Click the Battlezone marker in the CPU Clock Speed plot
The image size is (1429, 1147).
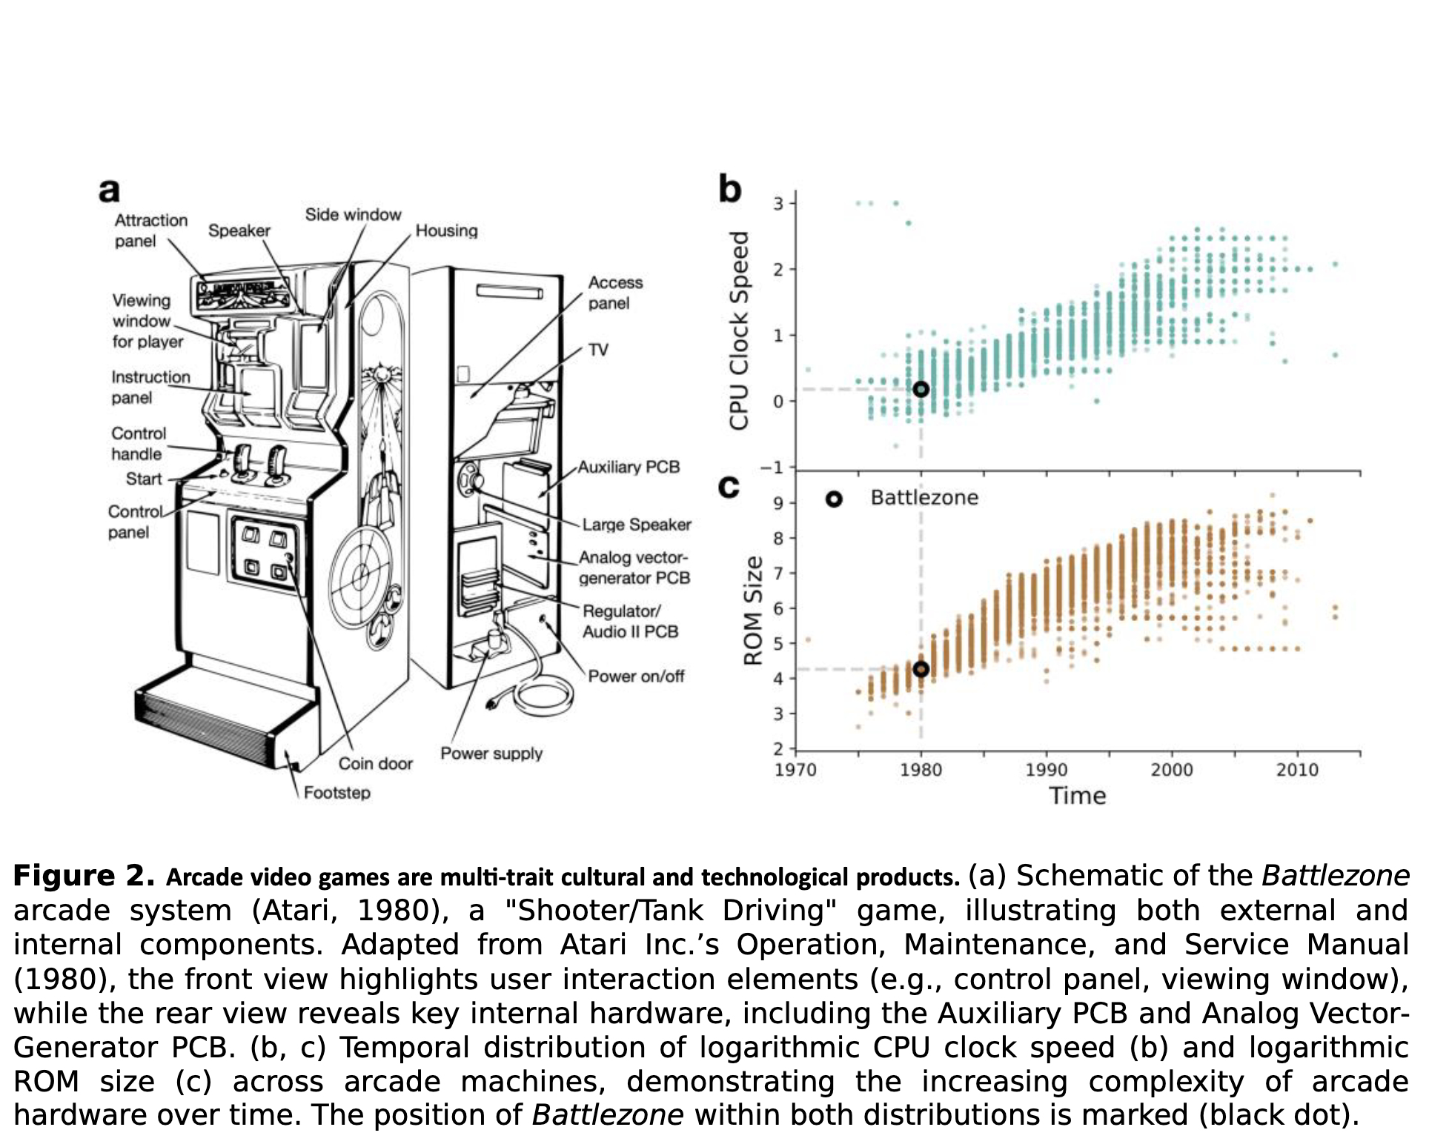point(921,389)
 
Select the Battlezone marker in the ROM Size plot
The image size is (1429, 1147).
point(921,669)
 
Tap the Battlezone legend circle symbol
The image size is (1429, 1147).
point(834,499)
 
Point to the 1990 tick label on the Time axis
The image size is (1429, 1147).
point(1046,770)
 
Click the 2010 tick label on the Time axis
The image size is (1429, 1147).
point(1297,770)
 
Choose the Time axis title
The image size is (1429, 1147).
point(1077,796)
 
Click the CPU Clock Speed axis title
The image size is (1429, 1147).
point(739,330)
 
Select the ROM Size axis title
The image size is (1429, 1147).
point(753,611)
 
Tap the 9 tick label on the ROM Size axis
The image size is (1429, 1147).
point(778,503)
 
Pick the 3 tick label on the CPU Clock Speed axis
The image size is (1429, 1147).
point(778,203)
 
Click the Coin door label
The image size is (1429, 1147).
point(375,764)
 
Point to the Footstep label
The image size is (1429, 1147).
point(337,793)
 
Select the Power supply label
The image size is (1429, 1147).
point(491,754)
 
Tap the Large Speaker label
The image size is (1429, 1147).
point(636,525)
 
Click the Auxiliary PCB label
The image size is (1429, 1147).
point(629,468)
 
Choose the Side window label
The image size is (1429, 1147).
point(353,215)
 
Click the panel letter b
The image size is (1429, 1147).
point(729,189)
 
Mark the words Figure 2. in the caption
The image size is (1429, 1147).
point(84,876)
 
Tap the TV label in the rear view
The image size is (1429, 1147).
point(598,350)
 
